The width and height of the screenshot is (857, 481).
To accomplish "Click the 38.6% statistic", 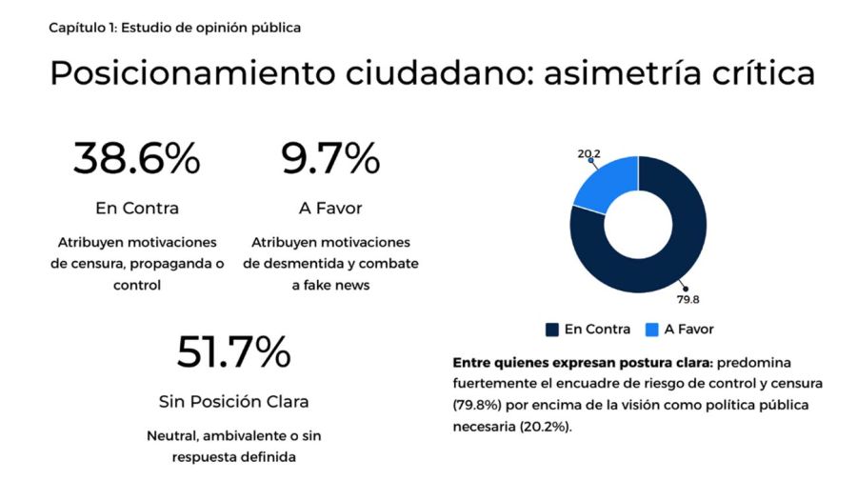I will [x=136, y=158].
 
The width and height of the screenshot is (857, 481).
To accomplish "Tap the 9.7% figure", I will [x=330, y=158].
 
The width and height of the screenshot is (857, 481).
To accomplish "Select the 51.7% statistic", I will [x=233, y=352].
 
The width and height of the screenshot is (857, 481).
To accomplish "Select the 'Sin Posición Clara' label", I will [x=233, y=401].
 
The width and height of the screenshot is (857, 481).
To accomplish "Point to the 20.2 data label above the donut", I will [x=588, y=152].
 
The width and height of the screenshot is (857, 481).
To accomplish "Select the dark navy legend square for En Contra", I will [x=551, y=330].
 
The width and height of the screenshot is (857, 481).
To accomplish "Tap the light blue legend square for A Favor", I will [x=651, y=330].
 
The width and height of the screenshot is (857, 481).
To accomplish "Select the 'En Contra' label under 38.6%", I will [x=136, y=208].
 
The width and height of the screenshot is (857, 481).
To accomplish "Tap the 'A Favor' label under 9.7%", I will [x=330, y=208].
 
